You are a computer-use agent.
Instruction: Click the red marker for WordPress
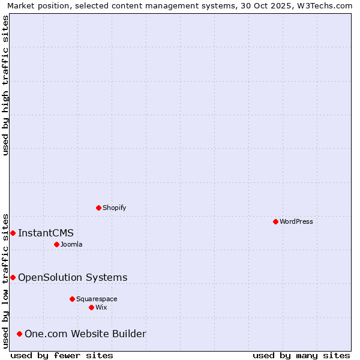tap(275, 221)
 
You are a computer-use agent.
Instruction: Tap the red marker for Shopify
tap(98, 208)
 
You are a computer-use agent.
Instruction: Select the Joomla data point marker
tap(56, 244)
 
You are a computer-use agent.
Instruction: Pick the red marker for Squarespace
tap(72, 299)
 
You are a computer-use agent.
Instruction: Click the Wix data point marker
tap(91, 307)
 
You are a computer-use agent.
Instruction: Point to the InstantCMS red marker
tap(13, 233)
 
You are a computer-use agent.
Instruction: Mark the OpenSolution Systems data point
tap(13, 277)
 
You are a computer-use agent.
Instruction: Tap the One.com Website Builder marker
tap(19, 334)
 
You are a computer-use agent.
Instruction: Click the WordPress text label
tap(296, 221)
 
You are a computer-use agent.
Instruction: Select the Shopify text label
tap(115, 208)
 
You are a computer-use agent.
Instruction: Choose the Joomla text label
tap(71, 244)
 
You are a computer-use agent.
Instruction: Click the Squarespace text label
tap(97, 299)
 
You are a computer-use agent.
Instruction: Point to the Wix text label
tap(101, 307)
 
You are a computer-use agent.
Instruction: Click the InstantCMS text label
tap(46, 233)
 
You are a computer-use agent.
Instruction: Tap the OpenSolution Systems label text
tap(73, 277)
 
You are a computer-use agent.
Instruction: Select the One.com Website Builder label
tap(85, 334)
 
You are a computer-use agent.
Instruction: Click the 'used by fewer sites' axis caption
tap(62, 355)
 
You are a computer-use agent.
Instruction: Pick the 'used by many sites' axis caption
tap(301, 355)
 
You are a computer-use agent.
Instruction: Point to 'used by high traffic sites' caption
tap(6, 85)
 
